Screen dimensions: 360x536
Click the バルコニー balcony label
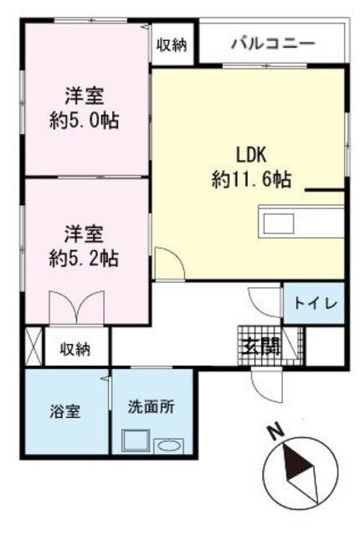pyautogui.click(x=273, y=44)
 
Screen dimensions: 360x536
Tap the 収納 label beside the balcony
pyautogui.click(x=172, y=44)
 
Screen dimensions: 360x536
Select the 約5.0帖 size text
pyautogui.click(x=85, y=121)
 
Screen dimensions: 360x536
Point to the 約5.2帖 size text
pyautogui.click(x=84, y=259)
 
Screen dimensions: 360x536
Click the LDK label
pyautogui.click(x=251, y=155)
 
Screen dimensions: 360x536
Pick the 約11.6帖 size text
pyautogui.click(x=251, y=179)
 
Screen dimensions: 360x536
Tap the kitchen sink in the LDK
pyautogui.click(x=278, y=224)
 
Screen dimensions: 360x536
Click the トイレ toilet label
pyautogui.click(x=316, y=303)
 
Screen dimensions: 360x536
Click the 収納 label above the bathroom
pyautogui.click(x=75, y=349)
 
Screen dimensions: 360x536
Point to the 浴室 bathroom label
pyautogui.click(x=65, y=411)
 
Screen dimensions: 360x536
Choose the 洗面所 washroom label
pyautogui.click(x=152, y=407)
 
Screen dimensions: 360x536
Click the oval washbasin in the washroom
pyautogui.click(x=169, y=447)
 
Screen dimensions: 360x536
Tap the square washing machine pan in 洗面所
pyautogui.click(x=136, y=441)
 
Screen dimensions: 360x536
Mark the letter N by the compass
pyautogui.click(x=276, y=432)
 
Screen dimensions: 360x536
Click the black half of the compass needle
pyautogui.click(x=295, y=464)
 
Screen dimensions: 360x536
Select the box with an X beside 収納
pyautogui.click(x=33, y=346)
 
